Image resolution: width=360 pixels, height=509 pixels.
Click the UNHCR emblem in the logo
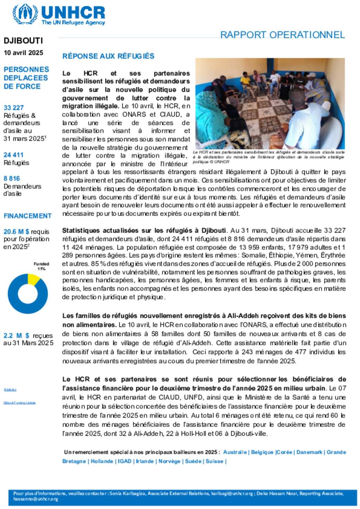coord(25,14)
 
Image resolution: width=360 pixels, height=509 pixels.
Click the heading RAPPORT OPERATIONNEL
coord(282,35)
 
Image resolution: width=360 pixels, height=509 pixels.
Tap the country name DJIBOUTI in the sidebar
coord(23,41)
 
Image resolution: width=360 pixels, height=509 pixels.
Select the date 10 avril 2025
coord(24,53)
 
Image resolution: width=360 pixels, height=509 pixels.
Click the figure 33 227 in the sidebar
coord(14,107)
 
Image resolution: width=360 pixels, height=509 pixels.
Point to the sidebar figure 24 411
coord(14,155)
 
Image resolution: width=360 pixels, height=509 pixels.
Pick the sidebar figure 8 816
coord(12,178)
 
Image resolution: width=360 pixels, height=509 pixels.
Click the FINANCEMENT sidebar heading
coord(27,216)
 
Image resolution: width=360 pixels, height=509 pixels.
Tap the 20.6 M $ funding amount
coord(17,231)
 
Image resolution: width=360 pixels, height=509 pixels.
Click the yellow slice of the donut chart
coord(33,279)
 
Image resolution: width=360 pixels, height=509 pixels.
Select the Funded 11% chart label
coord(41,266)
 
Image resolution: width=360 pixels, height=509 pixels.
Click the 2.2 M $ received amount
coord(17,335)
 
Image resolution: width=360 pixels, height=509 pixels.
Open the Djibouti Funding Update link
coord(20,403)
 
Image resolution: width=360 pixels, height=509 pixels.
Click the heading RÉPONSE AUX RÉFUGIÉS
coord(108,56)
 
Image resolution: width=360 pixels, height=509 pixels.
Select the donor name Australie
coord(235,452)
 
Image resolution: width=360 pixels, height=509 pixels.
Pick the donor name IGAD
coord(124,461)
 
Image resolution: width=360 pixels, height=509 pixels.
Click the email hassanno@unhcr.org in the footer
coord(36,499)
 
